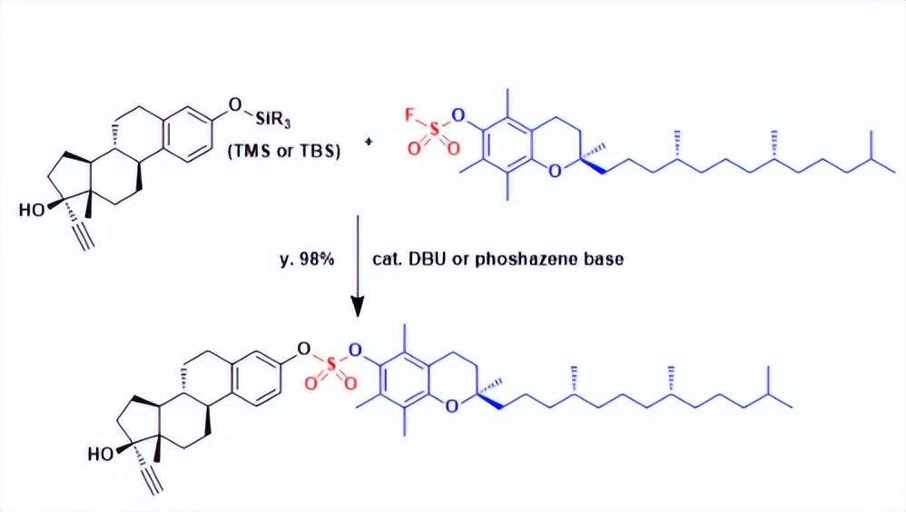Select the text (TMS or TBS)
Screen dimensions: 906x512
284,152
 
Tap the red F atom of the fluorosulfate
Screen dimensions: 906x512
409,115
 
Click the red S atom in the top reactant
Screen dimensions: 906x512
433,133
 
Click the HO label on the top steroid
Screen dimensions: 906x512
31,210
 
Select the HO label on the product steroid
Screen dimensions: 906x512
101,454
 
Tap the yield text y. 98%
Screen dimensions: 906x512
307,260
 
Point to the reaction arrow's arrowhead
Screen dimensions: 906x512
358,306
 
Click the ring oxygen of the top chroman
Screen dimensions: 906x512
554,171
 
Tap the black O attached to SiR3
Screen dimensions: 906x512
234,104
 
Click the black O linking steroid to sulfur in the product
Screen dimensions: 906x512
304,349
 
